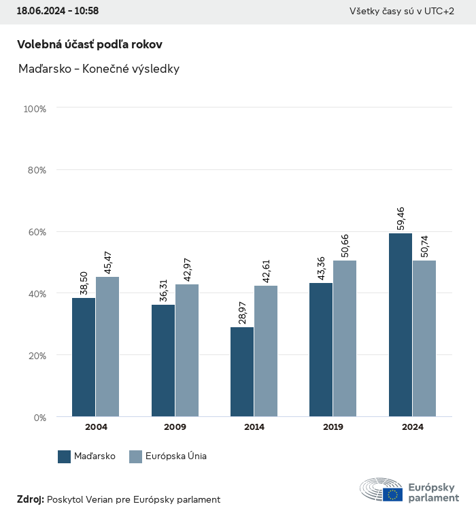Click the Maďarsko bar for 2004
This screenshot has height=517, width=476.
pos(84,357)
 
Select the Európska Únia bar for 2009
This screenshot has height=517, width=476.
pos(187,350)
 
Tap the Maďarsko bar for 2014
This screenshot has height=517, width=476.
pos(242,372)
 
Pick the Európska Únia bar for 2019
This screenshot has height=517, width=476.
pos(345,339)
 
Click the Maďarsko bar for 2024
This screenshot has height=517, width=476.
pos(401,325)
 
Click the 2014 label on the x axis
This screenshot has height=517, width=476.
pos(254,427)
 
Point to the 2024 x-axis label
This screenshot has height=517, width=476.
pos(412,427)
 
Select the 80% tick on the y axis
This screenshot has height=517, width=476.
pos(36,170)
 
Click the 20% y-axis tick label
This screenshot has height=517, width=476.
pos(36,355)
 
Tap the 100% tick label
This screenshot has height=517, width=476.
pos(34,109)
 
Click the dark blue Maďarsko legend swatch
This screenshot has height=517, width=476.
pos(65,456)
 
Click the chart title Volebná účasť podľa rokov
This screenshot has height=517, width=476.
pos(90,44)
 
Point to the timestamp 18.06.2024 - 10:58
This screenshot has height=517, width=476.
pos(58,11)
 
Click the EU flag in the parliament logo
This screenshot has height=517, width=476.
pos(392,495)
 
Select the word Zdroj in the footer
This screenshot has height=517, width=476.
pos(30,499)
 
